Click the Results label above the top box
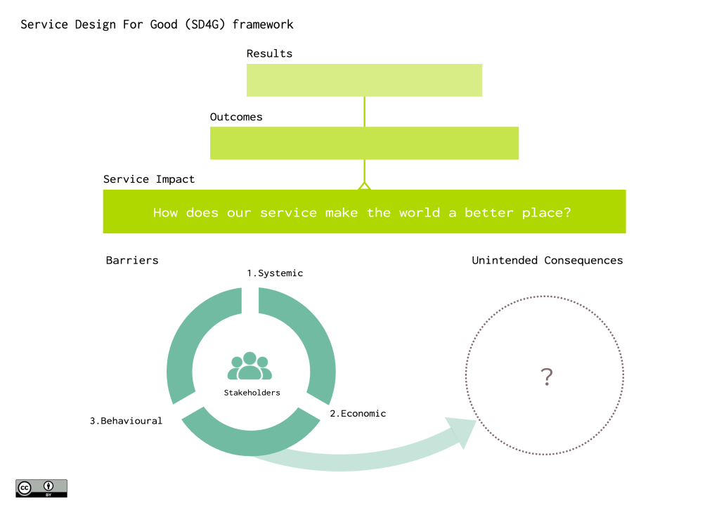coord(269,53)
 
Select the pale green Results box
coord(364,80)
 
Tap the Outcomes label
coord(236,117)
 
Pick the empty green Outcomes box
coord(364,143)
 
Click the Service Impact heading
coord(149,179)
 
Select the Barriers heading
coord(132,260)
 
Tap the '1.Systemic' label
coord(275,273)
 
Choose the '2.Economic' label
coord(358,414)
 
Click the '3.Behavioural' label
coord(126,421)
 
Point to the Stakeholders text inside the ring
coord(252,393)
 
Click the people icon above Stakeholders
coord(250,366)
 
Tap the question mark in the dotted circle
coord(547,377)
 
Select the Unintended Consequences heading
coord(547,260)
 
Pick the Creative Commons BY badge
coord(41,488)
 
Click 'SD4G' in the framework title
coord(205,25)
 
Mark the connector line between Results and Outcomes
coord(364,111)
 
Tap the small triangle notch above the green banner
coord(364,186)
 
